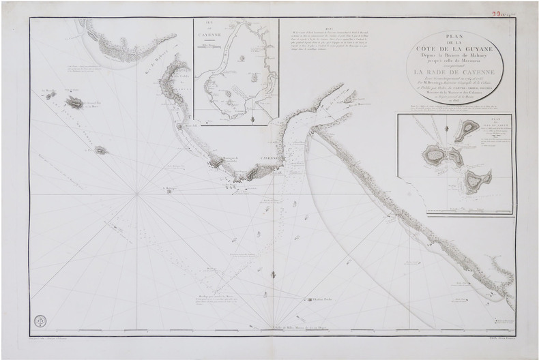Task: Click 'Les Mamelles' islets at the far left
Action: (49, 92)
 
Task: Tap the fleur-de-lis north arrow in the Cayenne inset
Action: (252, 120)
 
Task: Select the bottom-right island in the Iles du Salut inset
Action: (476, 179)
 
